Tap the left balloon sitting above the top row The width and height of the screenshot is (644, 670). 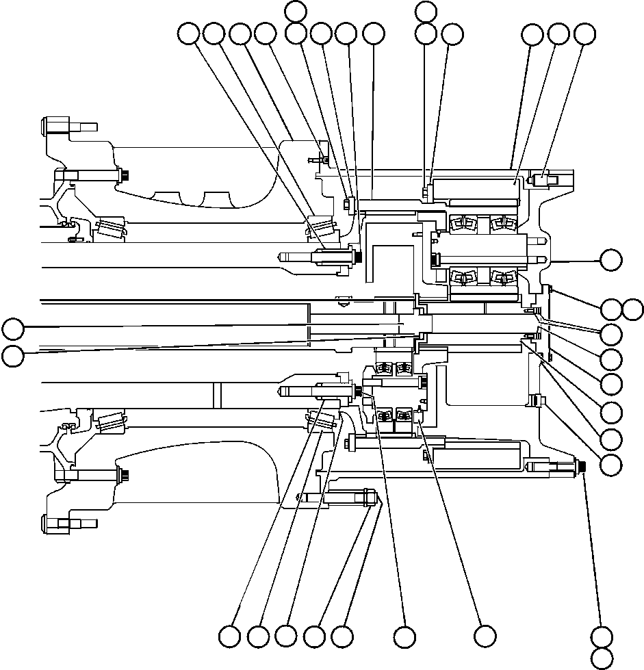pyautogui.click(x=296, y=10)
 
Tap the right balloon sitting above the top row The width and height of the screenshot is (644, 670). pyautogui.click(x=426, y=10)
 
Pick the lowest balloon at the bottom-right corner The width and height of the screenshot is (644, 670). pyautogui.click(x=603, y=658)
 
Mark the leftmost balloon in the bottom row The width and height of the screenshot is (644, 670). pyautogui.click(x=230, y=636)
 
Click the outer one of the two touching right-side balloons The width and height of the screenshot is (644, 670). pyautogui.click(x=634, y=309)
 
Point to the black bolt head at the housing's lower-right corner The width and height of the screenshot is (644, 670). pyautogui.click(x=580, y=466)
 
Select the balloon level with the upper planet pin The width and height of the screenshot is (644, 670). pyautogui.click(x=611, y=260)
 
